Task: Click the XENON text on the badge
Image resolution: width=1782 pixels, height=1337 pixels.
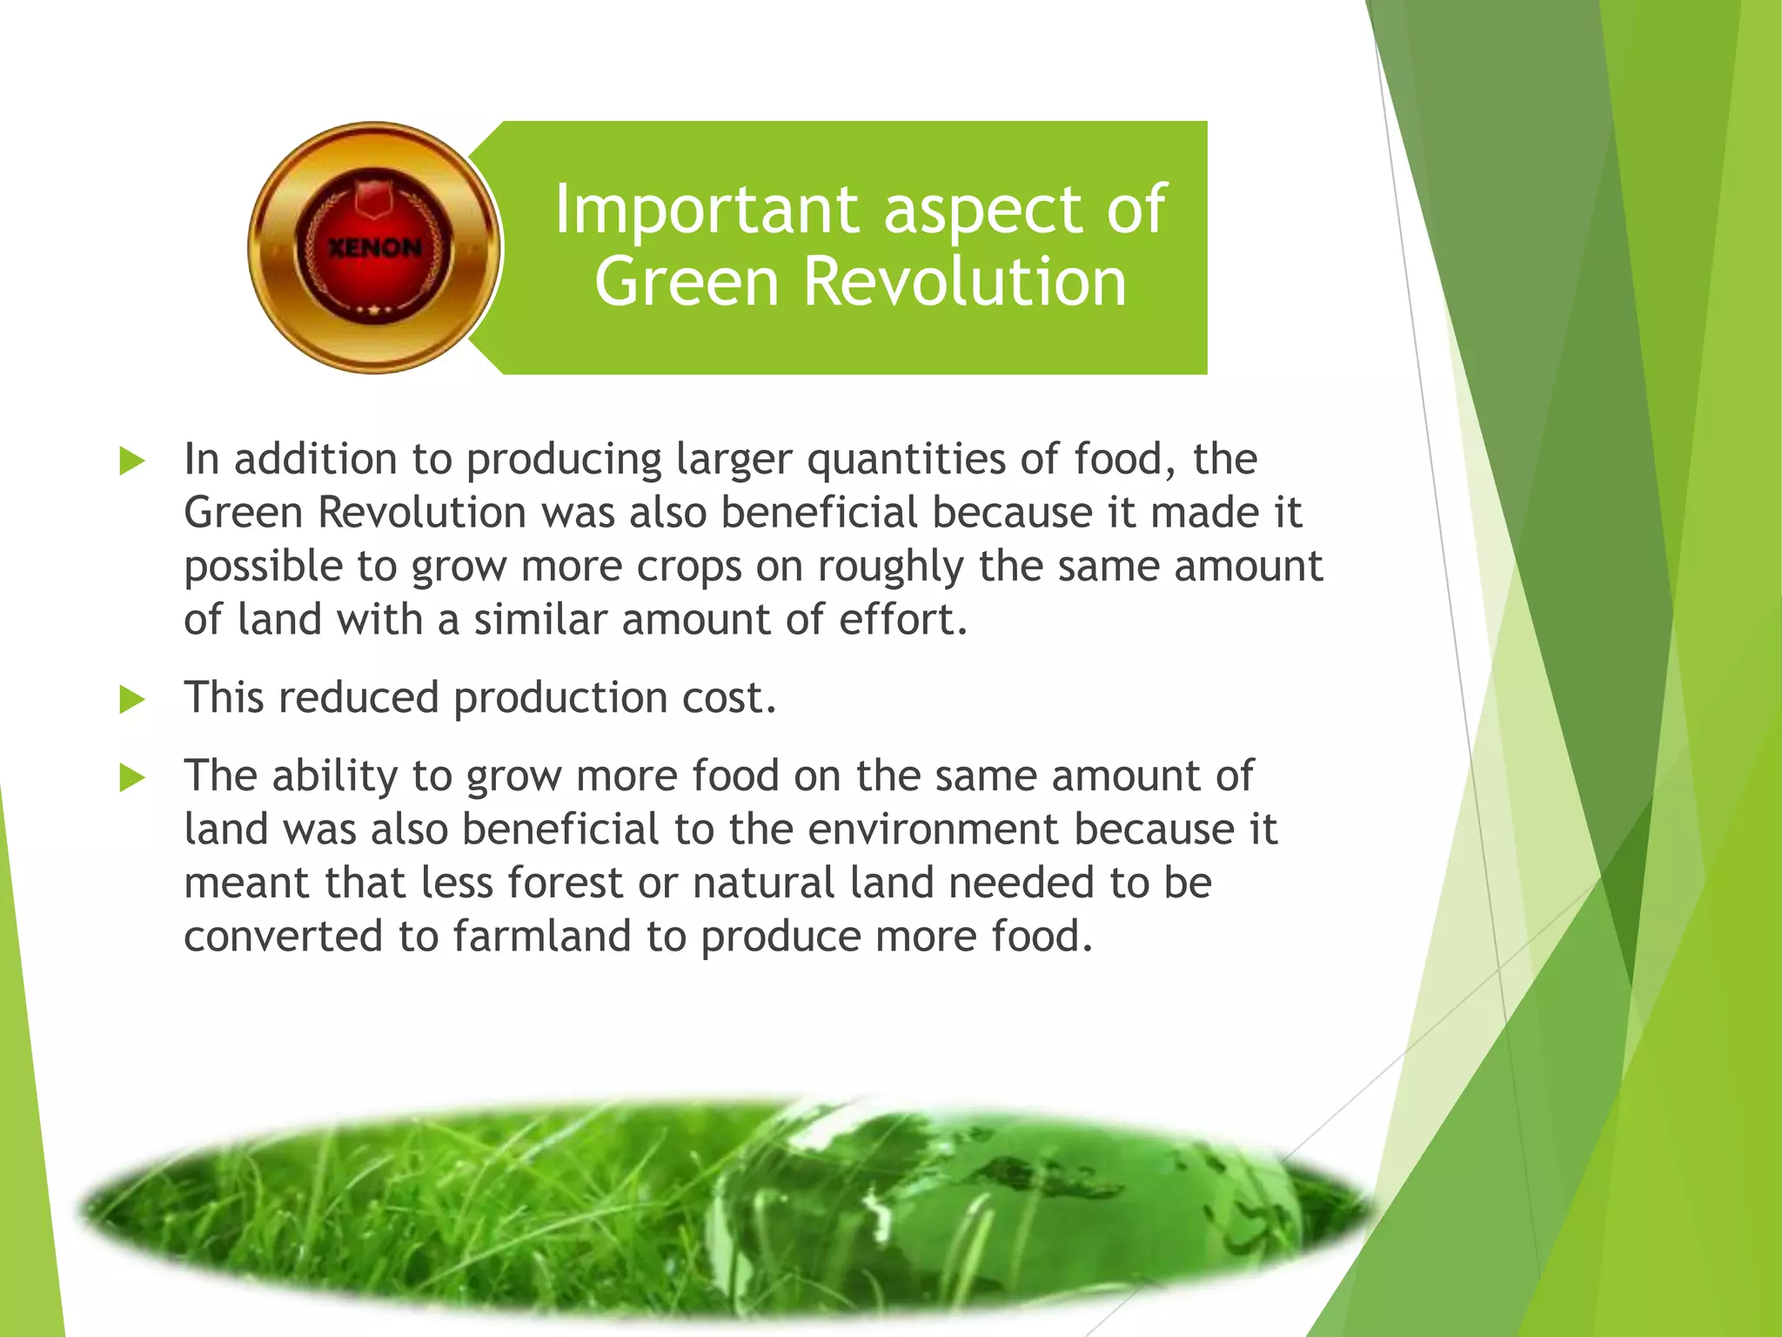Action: coord(374,248)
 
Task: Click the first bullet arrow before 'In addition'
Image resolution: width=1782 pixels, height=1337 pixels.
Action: coord(132,460)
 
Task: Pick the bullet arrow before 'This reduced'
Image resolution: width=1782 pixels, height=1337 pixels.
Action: coord(132,699)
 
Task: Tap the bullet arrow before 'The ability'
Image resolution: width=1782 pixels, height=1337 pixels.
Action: coord(132,776)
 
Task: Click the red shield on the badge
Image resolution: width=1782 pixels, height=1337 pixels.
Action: coord(374,197)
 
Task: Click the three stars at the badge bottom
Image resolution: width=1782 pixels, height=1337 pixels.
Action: coord(374,309)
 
